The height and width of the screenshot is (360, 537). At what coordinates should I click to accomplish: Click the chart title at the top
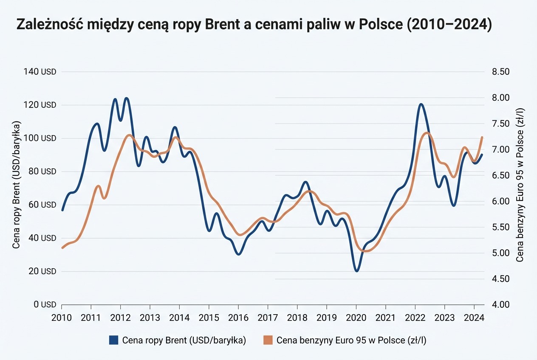(x=254, y=25)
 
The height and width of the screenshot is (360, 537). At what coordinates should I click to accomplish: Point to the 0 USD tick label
(x=45, y=305)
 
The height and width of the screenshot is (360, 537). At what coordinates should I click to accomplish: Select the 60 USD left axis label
(x=43, y=205)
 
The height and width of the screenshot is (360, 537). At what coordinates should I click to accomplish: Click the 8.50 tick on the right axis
(x=500, y=72)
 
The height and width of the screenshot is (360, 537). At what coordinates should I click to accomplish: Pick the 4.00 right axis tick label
(x=500, y=305)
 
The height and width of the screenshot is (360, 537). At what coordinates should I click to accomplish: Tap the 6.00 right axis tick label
(x=500, y=201)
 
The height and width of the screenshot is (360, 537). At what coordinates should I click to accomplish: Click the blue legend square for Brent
(x=113, y=340)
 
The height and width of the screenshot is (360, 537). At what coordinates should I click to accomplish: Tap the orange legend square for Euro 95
(x=268, y=340)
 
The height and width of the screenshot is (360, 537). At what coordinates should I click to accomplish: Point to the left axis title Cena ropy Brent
(x=17, y=185)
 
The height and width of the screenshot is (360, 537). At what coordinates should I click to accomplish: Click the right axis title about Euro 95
(x=520, y=185)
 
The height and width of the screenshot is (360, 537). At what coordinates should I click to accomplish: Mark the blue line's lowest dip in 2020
(x=357, y=271)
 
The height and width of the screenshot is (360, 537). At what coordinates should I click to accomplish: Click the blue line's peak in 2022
(x=421, y=104)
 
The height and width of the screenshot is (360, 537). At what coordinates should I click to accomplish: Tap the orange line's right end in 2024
(x=482, y=137)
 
